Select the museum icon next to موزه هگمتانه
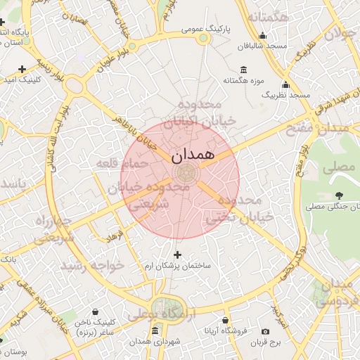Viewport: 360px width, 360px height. point(244,69)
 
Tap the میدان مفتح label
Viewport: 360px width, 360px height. point(317,129)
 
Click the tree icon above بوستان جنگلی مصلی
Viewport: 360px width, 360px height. point(340,195)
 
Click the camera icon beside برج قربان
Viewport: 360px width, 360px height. point(265,331)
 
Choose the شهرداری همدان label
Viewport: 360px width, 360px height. point(155,341)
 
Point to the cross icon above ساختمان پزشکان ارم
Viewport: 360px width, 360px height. point(176,255)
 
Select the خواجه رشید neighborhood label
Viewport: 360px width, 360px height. point(92,266)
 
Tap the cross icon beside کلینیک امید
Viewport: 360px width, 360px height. point(22,69)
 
